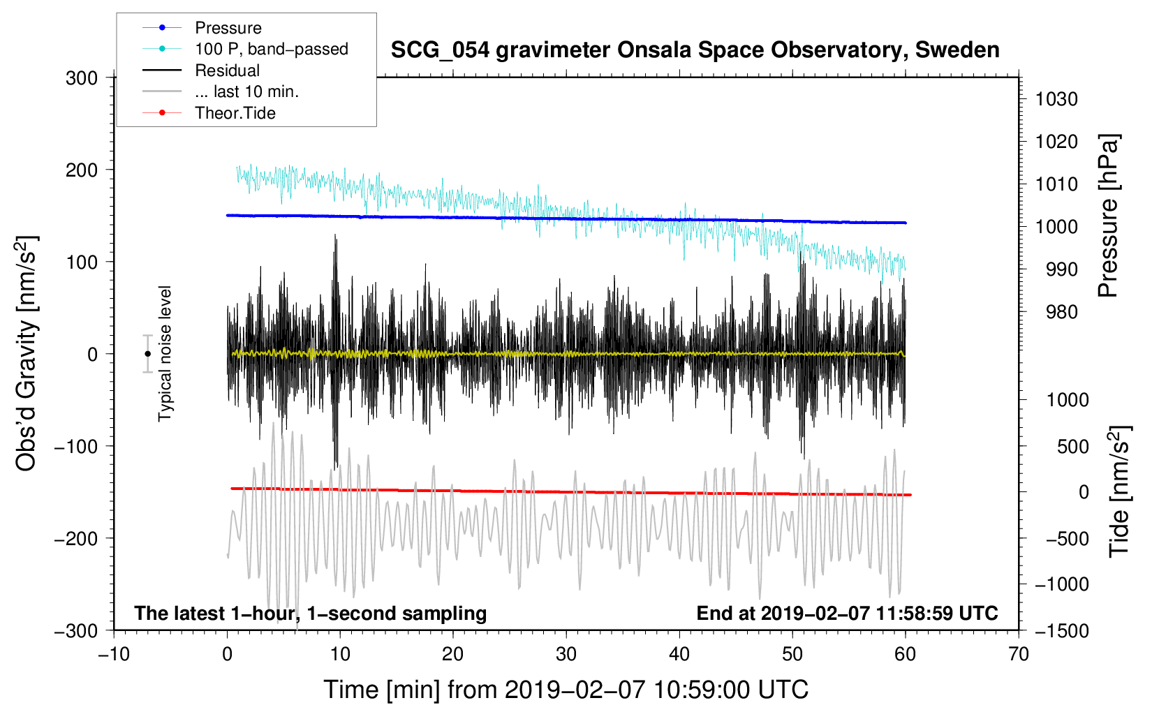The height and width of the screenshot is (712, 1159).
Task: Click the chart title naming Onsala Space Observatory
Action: pos(695,50)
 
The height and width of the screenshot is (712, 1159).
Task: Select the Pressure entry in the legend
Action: pos(228,28)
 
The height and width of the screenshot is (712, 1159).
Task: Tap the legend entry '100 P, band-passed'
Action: pos(271,49)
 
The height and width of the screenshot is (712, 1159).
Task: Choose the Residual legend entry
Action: pos(227,71)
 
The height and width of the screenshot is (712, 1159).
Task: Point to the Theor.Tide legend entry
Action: pos(235,113)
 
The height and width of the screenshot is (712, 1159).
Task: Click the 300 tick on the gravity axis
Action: pos(82,78)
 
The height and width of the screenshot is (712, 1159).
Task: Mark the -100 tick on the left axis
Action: pos(76,446)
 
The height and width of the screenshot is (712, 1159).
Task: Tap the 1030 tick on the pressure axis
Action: pos(1056,100)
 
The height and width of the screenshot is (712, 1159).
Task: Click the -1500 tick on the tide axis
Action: pos(1061,631)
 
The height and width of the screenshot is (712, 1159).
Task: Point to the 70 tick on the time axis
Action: pos(1019,655)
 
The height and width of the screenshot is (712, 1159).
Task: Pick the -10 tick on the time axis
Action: pos(114,655)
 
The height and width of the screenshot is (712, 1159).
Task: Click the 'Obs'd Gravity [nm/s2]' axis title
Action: pos(27,353)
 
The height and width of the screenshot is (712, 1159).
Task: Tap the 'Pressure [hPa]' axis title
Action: pos(1108,216)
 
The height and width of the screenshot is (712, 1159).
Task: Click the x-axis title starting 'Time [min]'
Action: pos(566,690)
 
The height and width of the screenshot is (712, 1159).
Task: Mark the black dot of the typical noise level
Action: pos(147,354)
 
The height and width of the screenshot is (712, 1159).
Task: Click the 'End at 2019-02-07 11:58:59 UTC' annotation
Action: pos(847,613)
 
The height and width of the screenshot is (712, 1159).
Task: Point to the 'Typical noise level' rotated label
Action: pos(165,353)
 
